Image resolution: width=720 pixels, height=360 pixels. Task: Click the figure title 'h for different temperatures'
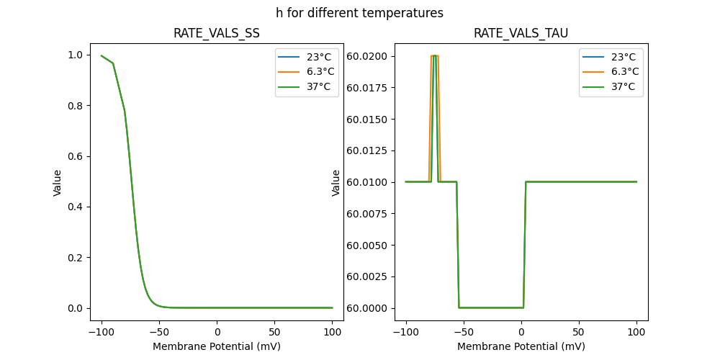point(359,13)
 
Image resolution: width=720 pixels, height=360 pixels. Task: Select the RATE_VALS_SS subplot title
point(217,34)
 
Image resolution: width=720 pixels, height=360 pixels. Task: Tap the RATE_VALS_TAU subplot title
point(521,34)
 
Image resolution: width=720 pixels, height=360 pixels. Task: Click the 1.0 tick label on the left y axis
point(75,55)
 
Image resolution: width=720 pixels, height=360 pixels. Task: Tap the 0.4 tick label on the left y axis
point(75,207)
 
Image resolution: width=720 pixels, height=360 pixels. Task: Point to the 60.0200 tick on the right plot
point(369,55)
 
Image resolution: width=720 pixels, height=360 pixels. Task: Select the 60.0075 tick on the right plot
point(369,213)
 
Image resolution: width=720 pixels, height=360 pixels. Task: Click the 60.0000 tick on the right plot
point(369,308)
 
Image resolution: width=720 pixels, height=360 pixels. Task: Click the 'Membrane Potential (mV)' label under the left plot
point(217,346)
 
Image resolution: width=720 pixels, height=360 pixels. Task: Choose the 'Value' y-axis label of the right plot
point(336,182)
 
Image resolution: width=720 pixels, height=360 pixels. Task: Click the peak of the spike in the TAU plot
point(435,56)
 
